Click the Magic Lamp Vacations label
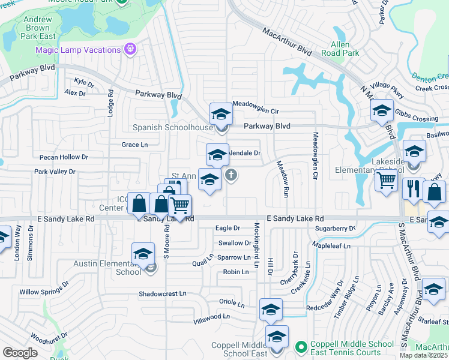click(79, 50)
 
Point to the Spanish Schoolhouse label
click(172, 128)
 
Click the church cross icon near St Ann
click(231, 175)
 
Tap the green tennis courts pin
click(301, 347)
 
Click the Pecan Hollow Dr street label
click(64, 157)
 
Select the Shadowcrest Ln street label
click(163, 294)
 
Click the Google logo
click(20, 353)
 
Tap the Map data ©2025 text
click(423, 355)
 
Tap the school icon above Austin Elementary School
click(143, 254)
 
